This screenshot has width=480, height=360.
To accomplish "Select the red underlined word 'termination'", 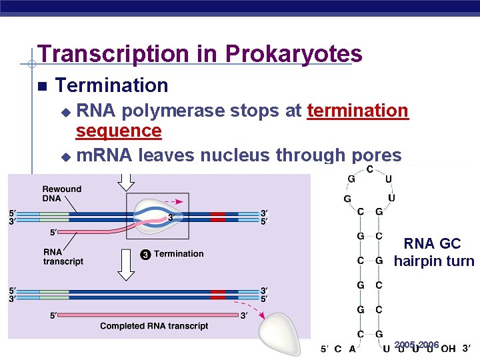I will click(357, 111).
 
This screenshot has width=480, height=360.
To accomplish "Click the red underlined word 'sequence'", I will click(119, 131).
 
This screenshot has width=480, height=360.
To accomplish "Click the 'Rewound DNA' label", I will click(61, 193).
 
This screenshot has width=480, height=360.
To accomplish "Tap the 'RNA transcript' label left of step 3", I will click(63, 257).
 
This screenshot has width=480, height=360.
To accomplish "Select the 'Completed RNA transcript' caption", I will click(154, 326).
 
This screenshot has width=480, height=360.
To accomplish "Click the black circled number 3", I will click(145, 254).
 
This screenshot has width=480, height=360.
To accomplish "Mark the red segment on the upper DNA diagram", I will click(218, 217).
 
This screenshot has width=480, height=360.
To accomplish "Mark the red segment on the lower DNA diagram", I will click(218, 294).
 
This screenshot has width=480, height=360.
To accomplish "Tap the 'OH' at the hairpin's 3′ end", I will click(448, 349).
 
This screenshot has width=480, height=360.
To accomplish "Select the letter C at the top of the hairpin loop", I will click(369, 169).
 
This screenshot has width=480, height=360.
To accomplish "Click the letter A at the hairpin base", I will click(352, 349).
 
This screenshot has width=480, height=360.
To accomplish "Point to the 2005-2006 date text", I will click(417, 345).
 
